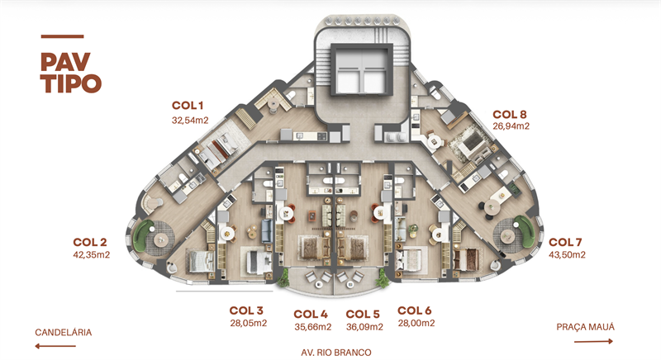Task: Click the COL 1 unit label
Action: pos(188,106)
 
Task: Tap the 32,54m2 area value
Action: pos(190,121)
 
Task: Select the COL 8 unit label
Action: pos(509,115)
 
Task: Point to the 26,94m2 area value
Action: pos(511,126)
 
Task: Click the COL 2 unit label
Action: pos(90,242)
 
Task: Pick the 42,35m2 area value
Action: pos(92,255)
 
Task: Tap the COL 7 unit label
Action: pos(565,242)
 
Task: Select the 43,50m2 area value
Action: pos(567,255)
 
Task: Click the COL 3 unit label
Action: pos(246,310)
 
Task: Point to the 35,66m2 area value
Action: pos(313,327)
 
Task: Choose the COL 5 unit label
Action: pos(363,315)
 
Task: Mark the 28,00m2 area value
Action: pos(416,323)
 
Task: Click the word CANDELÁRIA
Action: pos(64,333)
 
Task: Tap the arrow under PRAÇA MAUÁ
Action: pos(593,341)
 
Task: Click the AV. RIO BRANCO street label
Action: pos(336,353)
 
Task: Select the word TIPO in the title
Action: pos(71,83)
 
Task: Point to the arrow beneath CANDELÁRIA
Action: pos(55,346)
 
